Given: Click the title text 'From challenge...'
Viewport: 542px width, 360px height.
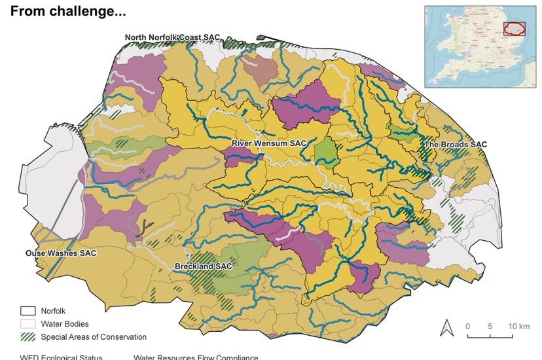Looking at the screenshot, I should point(68,11).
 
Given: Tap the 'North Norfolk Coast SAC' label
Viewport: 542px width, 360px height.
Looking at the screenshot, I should point(172,37).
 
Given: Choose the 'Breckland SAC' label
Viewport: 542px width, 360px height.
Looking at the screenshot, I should point(203,266).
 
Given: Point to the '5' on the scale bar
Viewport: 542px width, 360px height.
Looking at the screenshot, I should point(490,326).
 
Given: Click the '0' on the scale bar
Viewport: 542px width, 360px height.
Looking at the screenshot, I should point(468,326).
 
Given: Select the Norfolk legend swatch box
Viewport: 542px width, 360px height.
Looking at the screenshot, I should point(27,311).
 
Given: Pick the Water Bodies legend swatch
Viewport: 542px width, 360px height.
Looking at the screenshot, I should point(27,324).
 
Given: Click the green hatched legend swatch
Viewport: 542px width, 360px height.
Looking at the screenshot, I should point(27,337).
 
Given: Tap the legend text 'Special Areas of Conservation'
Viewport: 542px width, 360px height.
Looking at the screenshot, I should point(94,337).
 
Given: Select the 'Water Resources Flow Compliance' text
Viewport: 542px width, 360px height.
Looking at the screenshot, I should point(196,357).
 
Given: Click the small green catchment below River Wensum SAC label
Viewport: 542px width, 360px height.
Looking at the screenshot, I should point(324,151).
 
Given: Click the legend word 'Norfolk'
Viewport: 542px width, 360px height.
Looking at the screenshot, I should point(54,311).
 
